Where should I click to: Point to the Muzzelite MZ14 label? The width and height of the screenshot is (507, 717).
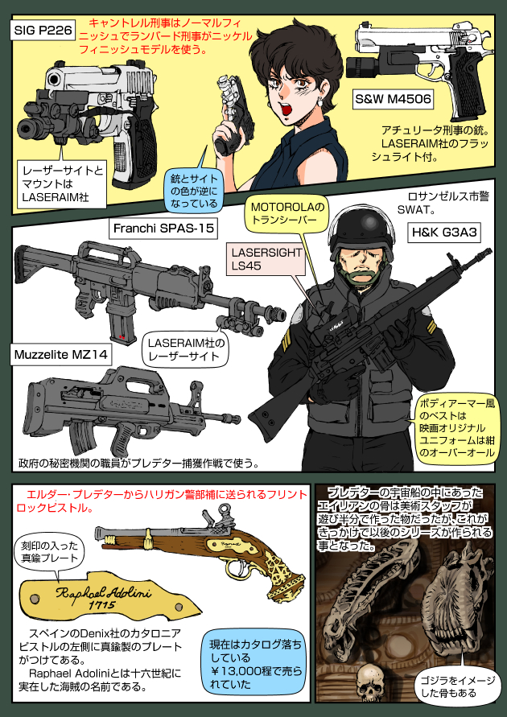click(61, 353)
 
